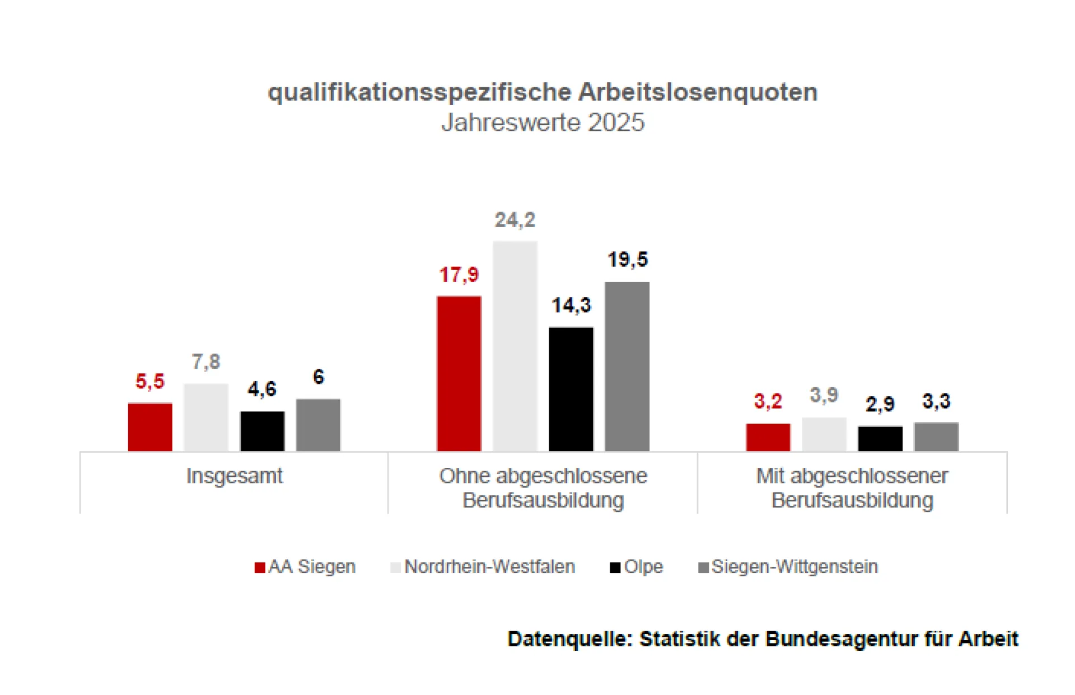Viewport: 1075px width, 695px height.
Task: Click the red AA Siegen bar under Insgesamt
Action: (x=150, y=427)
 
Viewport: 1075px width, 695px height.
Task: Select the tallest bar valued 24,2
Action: (x=515, y=346)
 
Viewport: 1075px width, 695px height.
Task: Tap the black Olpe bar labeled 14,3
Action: (x=571, y=389)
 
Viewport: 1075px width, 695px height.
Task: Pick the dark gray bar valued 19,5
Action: (x=627, y=367)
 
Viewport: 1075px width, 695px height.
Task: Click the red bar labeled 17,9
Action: (x=459, y=373)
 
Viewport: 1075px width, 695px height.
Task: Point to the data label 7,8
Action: (x=206, y=362)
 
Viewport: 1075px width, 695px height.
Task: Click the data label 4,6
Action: (x=262, y=389)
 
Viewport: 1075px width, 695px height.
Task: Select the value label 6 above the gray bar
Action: (x=318, y=377)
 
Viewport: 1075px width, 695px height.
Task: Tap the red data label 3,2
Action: (x=768, y=401)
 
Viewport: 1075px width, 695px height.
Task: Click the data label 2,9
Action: (x=880, y=404)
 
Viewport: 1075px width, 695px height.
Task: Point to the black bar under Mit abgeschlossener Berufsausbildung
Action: (x=880, y=439)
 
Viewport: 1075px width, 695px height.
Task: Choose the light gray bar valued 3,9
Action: (x=824, y=434)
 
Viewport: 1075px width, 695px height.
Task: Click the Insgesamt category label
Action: (x=234, y=476)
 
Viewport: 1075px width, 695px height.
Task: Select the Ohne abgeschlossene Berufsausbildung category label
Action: (x=543, y=488)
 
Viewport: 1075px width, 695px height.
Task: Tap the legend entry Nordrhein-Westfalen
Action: (x=489, y=567)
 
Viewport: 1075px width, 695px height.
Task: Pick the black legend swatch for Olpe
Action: (x=615, y=567)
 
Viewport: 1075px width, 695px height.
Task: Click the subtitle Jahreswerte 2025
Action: (x=543, y=123)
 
